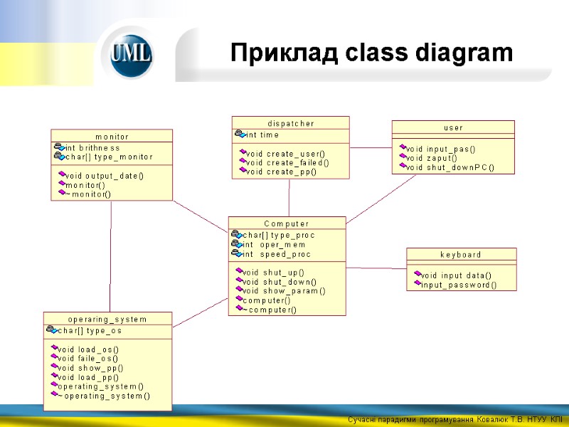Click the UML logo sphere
coord(131,56)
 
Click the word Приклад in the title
coord(274,53)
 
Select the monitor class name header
coord(112,136)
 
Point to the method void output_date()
coord(104,175)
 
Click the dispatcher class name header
coord(290,123)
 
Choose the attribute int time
coord(262,135)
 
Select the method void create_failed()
coord(287,162)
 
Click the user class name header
coord(453,127)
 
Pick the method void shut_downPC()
coord(450,167)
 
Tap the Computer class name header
coord(287,223)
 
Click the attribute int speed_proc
coord(277,254)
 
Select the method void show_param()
coord(284,290)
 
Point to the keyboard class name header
coord(461,254)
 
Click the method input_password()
coord(459,285)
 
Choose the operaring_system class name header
coord(107,319)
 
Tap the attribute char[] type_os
coord(89,330)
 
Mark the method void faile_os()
coord(87,358)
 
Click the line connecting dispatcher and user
coord(371,148)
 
